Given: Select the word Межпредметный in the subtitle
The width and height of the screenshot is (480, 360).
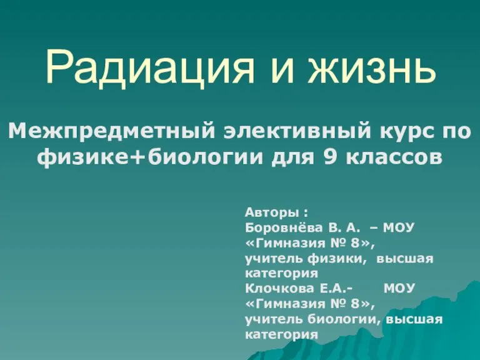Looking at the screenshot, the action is pyautogui.click(x=111, y=132).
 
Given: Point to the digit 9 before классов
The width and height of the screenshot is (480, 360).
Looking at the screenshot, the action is pyautogui.click(x=330, y=157).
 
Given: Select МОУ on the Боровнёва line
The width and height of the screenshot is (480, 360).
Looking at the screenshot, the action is pyautogui.click(x=399, y=227).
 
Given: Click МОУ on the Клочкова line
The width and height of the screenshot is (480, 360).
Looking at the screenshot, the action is pyautogui.click(x=399, y=288).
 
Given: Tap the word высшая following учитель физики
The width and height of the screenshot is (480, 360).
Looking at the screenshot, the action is pyautogui.click(x=405, y=259).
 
